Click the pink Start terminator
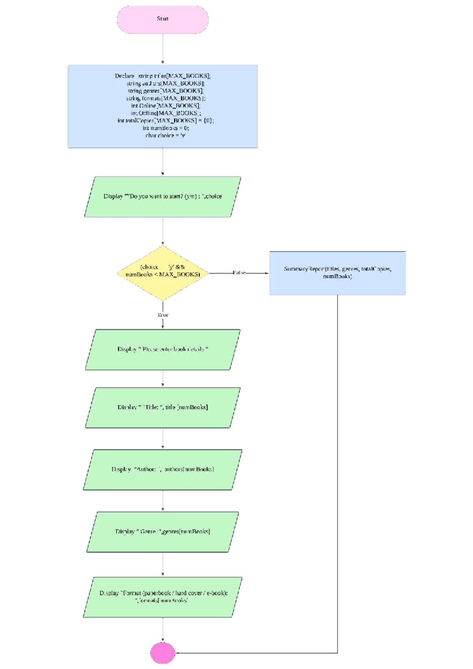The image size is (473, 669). tap(162, 19)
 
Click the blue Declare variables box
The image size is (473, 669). tap(162, 106)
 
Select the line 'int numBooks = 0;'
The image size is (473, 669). tap(166, 128)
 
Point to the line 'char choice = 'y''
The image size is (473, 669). tap(166, 136)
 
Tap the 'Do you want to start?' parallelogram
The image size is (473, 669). tap(162, 197)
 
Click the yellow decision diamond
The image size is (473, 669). tap(162, 273)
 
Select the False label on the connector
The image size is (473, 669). tap(239, 273)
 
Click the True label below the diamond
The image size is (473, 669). tap(163, 315)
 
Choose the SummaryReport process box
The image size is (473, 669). tap(337, 273)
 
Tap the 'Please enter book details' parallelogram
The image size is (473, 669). tap(162, 349)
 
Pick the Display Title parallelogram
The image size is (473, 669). tap(162, 408)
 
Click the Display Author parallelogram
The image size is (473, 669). tap(162, 470)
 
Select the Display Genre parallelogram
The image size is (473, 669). tap(162, 532)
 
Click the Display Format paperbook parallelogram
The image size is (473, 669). tap(162, 597)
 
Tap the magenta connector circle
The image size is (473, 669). tap(162, 653)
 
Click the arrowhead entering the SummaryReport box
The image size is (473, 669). tap(267, 273)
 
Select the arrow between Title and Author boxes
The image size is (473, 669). tap(162, 438)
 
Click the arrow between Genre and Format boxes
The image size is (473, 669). tap(162, 564)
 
